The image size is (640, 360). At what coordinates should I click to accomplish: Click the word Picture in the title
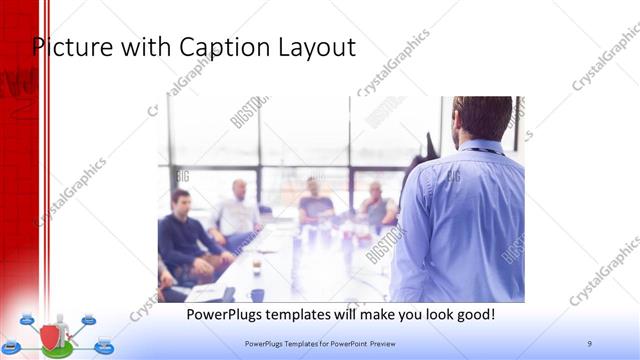coord(68,46)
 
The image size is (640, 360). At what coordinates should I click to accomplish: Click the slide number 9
coord(589,343)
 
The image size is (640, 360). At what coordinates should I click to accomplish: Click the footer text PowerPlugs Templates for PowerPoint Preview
coord(327,343)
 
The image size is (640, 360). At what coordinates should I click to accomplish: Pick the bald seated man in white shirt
coord(237,213)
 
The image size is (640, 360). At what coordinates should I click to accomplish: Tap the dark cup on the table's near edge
coord(257,295)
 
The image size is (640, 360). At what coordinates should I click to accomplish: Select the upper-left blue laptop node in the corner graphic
coord(28,320)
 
